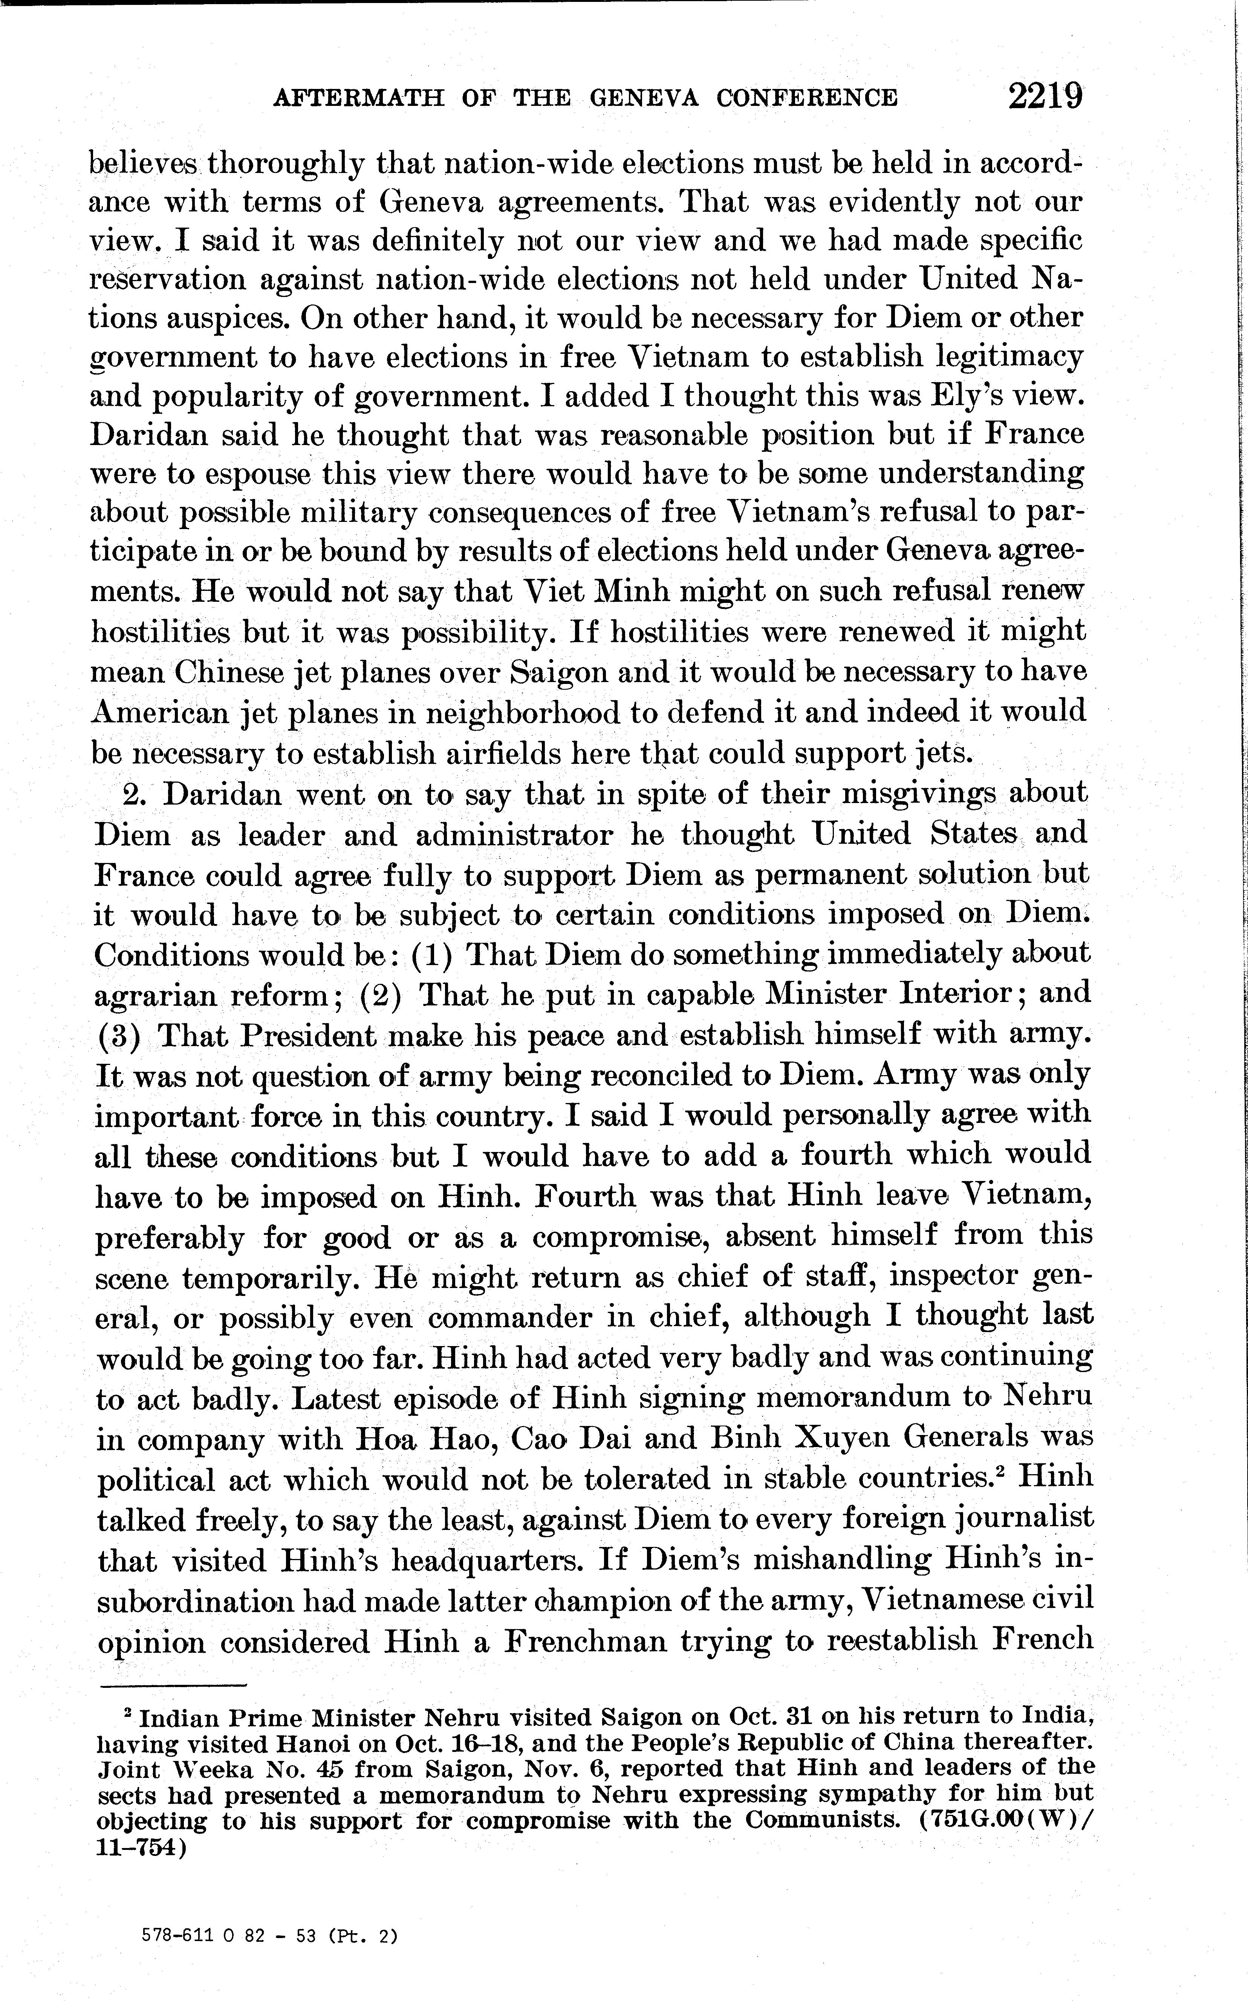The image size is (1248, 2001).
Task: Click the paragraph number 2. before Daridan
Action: [135, 794]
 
